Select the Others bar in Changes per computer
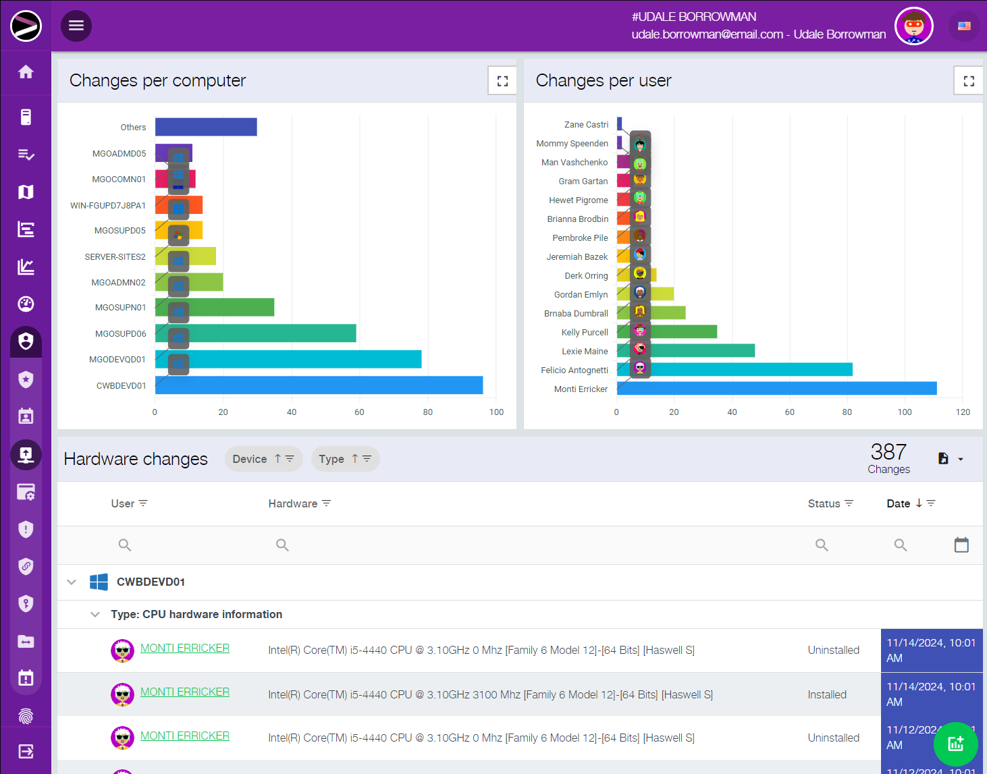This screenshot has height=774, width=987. pos(206,127)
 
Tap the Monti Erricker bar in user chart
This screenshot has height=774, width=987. pos(776,389)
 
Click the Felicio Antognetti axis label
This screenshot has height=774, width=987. pos(574,370)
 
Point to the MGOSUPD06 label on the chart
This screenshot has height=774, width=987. pos(120,334)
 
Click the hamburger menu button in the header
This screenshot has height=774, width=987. pos(76,26)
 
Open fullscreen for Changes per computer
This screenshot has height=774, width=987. pos(502,81)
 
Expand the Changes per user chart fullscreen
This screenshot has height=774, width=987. pos(969,81)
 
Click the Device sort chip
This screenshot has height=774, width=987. pos(263,459)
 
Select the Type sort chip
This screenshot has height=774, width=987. pos(345,459)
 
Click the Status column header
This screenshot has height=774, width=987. pos(824,503)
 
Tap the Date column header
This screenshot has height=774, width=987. pos(899,503)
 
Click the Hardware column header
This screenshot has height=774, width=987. pos(293,503)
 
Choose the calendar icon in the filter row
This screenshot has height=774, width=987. pos(961,545)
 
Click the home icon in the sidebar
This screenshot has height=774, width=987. pos(26,72)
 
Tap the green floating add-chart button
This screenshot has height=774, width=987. pos(955,744)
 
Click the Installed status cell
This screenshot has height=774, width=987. pos(827,694)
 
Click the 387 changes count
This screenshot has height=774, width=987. pos(888,452)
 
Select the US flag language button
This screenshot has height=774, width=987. pos(964,26)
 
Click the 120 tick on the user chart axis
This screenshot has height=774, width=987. pos(963,412)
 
